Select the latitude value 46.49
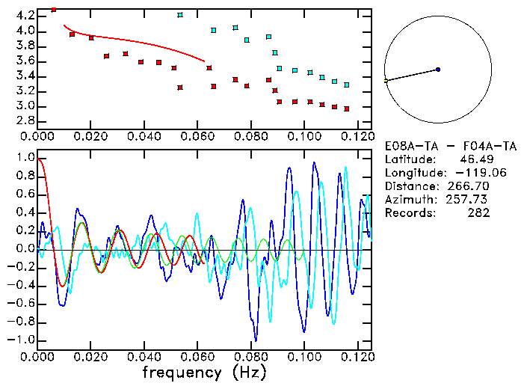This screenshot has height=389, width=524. point(475,159)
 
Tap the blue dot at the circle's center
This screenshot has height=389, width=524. point(438,70)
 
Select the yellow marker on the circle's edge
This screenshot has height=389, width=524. point(386,80)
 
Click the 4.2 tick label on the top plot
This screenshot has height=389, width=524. point(24,16)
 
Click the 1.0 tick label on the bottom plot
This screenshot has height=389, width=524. point(24,159)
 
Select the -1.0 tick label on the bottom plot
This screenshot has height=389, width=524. point(22,340)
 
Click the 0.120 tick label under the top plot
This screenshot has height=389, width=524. point(357,136)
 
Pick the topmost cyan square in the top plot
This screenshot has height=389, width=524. point(180,15)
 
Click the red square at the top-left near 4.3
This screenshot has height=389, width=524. point(54,10)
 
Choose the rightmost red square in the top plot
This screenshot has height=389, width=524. point(346,108)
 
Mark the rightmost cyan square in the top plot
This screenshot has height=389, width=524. point(346,85)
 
